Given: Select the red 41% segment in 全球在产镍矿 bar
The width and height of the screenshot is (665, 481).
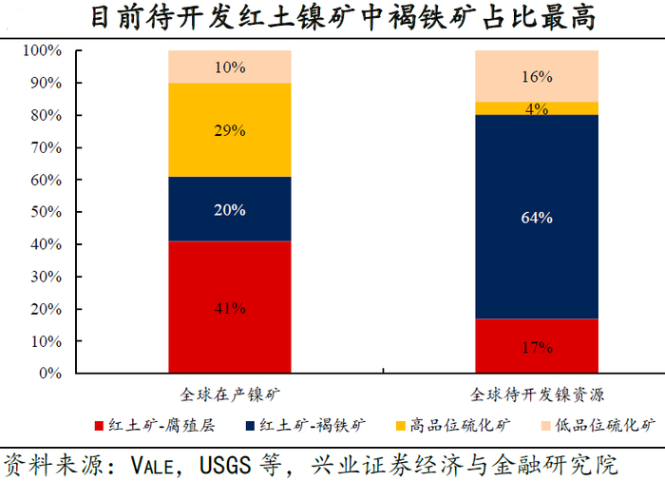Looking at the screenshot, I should (x=230, y=306).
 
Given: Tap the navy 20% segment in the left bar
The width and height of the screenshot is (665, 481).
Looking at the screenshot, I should (x=230, y=209).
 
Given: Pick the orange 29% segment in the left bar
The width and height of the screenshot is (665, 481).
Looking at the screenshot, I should (x=230, y=130).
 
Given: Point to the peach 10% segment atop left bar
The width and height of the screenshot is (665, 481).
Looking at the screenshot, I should (x=230, y=67).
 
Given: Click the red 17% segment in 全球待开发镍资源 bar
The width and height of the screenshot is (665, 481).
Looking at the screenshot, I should (x=536, y=345).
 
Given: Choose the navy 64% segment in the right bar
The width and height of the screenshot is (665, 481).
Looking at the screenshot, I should (x=536, y=217).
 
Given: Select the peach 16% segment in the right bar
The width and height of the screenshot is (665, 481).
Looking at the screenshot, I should (x=536, y=76).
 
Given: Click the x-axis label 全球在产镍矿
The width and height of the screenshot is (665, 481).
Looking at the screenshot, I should (x=230, y=393).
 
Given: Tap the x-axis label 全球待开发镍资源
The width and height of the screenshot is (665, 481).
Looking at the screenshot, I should (x=537, y=393).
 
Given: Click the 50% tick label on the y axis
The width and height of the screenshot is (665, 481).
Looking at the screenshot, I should (x=45, y=212).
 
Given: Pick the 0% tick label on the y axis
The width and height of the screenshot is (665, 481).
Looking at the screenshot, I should (x=48, y=374).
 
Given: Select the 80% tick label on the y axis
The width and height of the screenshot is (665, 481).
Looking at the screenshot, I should (x=45, y=115).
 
